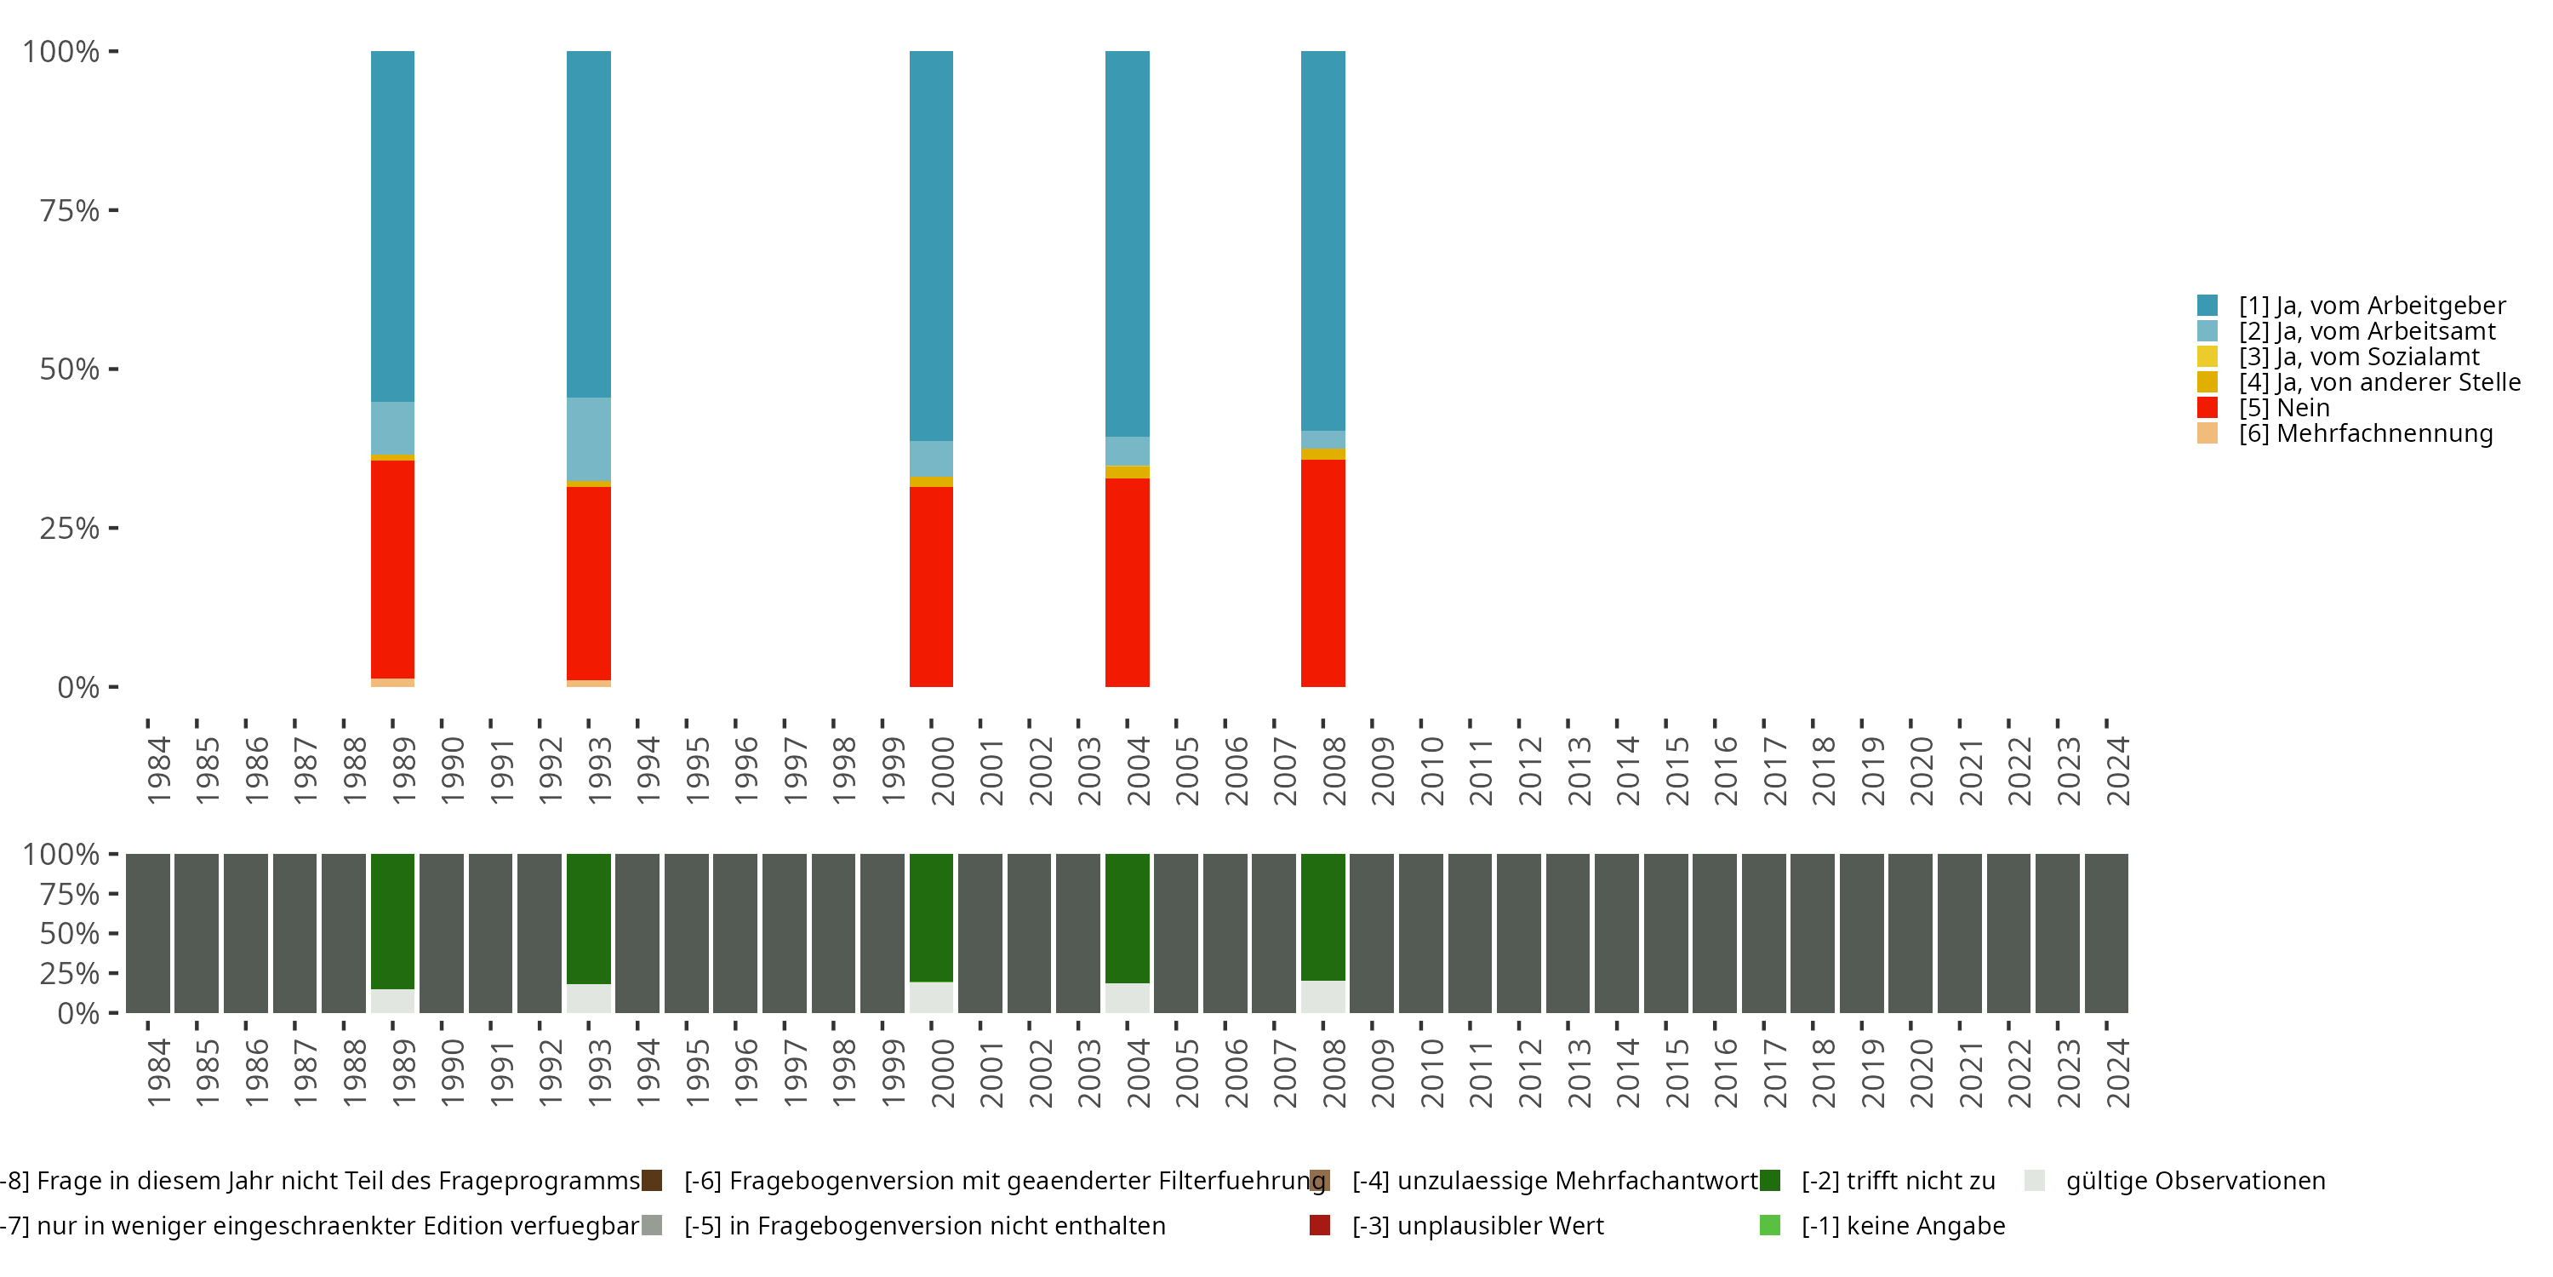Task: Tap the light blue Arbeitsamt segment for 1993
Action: (x=589, y=439)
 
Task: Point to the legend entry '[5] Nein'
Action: (x=2283, y=408)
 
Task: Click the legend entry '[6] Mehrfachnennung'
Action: (x=2365, y=433)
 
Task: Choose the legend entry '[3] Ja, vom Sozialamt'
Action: (x=2358, y=357)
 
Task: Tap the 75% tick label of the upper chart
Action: (x=70, y=210)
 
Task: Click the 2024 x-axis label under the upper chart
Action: (x=2118, y=770)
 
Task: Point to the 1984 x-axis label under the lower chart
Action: (x=158, y=1073)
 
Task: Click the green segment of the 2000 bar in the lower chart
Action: (x=931, y=917)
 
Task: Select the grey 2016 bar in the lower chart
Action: (x=1714, y=933)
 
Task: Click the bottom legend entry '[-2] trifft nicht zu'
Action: (x=1897, y=1181)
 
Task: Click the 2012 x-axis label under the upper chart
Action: (x=1530, y=770)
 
